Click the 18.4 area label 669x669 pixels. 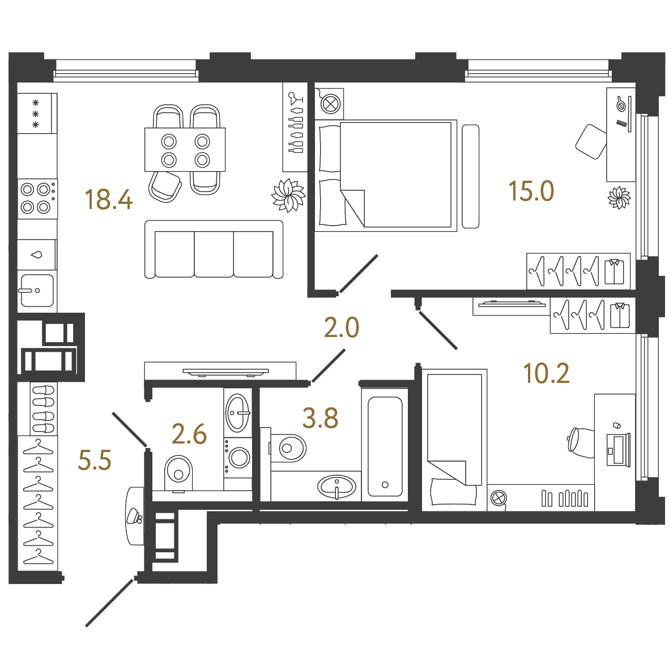[109, 199]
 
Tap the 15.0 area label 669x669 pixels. [531, 191]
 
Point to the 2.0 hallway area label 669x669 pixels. [342, 327]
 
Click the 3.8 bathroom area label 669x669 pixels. [321, 418]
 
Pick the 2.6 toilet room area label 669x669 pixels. [189, 434]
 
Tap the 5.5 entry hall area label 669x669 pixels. [94, 461]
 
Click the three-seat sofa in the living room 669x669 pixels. [214, 250]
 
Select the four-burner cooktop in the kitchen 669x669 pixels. [37, 199]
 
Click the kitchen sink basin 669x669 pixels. [37, 291]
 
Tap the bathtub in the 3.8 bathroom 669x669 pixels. [385, 447]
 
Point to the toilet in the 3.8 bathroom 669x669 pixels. [287, 448]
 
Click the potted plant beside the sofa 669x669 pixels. [289, 195]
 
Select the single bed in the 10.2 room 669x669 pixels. [454, 440]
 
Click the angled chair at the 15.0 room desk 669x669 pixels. [591, 142]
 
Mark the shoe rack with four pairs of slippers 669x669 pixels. [43, 409]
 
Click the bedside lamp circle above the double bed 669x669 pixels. [330, 104]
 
